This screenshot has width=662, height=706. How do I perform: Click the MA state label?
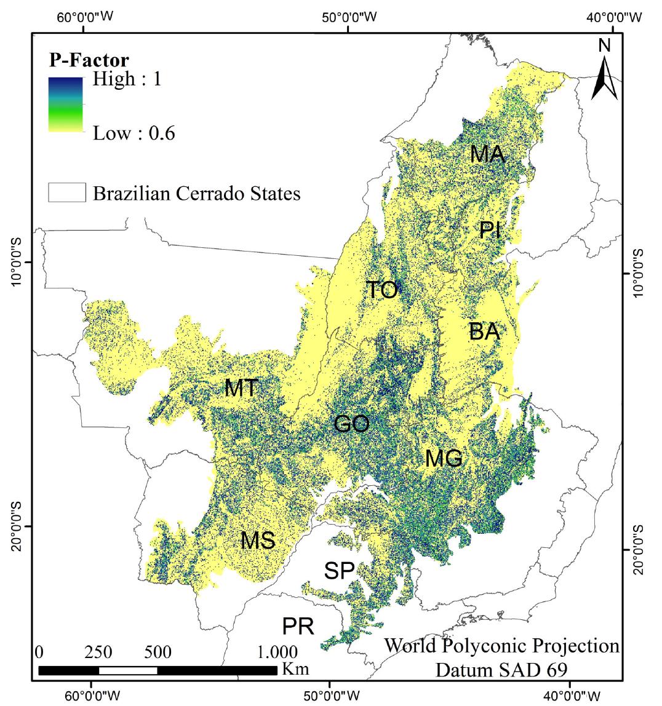[487, 154]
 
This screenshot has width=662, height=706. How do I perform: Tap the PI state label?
[490, 231]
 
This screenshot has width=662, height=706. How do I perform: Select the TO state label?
[382, 290]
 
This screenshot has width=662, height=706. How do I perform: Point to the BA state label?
[484, 332]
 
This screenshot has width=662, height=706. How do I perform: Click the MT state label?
[241, 388]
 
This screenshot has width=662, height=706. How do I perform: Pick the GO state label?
[351, 424]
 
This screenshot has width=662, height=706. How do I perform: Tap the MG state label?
[444, 458]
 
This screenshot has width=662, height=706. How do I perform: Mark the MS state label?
[257, 541]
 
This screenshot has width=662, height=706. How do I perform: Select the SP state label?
[340, 571]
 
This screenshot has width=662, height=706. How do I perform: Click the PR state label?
[298, 627]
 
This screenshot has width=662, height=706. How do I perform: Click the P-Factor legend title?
[89, 60]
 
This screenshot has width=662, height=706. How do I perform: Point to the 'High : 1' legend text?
[127, 79]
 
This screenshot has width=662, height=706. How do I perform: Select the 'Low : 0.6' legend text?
[134, 133]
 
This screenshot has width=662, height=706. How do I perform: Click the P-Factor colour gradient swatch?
[65, 105]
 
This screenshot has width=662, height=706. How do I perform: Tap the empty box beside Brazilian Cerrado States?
[66, 193]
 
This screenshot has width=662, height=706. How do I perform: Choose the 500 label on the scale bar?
[158, 652]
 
